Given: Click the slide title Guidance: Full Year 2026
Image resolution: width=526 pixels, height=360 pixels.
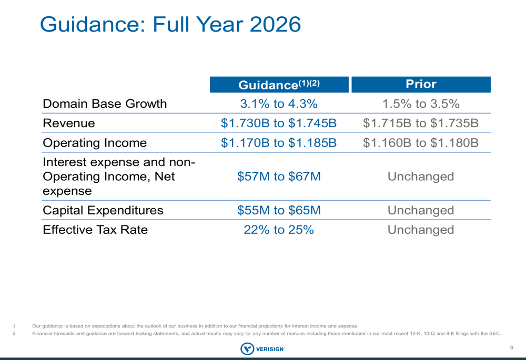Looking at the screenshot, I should (170, 25).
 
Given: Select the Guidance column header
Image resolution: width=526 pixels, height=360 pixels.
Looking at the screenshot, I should (279, 85).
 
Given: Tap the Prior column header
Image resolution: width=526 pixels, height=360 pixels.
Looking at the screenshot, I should (421, 84).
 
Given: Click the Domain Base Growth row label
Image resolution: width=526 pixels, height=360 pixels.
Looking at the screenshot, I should (105, 104).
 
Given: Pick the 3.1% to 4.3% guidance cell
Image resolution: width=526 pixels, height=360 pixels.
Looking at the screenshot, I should (279, 104).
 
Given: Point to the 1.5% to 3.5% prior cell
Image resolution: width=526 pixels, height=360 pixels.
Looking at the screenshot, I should (421, 104).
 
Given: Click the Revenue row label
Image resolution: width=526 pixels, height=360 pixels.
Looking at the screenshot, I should (69, 124).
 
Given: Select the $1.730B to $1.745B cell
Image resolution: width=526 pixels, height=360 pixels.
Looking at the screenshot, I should (279, 124).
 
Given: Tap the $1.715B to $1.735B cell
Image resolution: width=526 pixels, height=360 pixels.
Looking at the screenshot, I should (421, 124).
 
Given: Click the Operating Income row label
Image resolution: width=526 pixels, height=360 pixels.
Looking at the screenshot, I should (95, 143).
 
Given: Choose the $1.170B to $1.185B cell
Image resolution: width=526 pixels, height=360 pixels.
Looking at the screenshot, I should (279, 143).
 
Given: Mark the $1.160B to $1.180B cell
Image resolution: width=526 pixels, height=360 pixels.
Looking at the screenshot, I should (421, 143).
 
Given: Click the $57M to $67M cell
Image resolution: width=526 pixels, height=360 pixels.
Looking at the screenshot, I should (279, 177).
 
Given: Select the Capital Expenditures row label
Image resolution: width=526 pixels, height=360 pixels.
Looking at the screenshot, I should (103, 211).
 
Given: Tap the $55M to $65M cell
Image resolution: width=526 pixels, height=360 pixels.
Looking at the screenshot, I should (279, 211).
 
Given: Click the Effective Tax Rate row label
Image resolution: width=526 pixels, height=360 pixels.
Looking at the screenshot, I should (95, 230).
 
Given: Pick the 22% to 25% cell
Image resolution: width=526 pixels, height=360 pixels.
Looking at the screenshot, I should (279, 230).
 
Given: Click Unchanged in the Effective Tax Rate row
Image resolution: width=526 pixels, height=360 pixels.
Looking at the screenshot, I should (421, 230).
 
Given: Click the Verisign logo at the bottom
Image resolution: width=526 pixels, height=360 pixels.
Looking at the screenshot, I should (262, 348).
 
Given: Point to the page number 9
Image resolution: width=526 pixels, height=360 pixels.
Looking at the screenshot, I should (511, 347).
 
